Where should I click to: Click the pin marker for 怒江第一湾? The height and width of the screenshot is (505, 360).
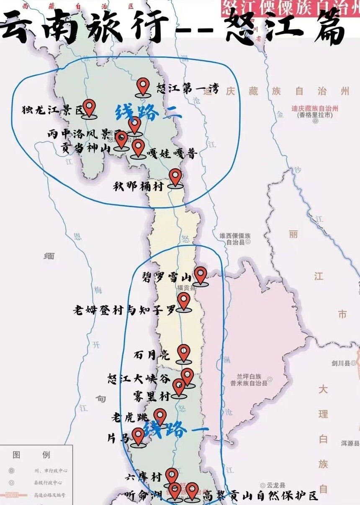click(x=143, y=86)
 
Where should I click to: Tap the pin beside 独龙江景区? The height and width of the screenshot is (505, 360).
click(x=89, y=107)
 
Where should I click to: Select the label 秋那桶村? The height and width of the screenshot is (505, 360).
click(x=138, y=186)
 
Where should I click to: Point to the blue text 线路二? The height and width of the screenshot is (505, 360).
click(x=148, y=112)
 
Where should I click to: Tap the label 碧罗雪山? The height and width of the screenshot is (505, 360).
click(x=167, y=278)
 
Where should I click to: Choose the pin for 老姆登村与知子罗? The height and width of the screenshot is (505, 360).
click(x=183, y=301)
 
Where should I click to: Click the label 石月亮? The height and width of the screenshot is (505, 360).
click(x=152, y=356)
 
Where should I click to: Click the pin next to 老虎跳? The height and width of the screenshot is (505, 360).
click(x=160, y=416)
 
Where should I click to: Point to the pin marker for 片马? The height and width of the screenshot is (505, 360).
click(x=138, y=436)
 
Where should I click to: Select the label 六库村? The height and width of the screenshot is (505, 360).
click(x=143, y=477)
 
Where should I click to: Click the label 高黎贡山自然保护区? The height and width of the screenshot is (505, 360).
click(x=260, y=497)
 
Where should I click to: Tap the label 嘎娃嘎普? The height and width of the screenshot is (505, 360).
click(x=172, y=154)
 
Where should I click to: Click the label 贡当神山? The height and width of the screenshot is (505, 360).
click(x=85, y=147)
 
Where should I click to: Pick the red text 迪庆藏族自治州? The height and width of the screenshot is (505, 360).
click(x=315, y=108)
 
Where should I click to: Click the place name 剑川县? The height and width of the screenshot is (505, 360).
click(x=341, y=363)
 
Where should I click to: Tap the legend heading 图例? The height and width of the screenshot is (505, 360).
click(x=31, y=455)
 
